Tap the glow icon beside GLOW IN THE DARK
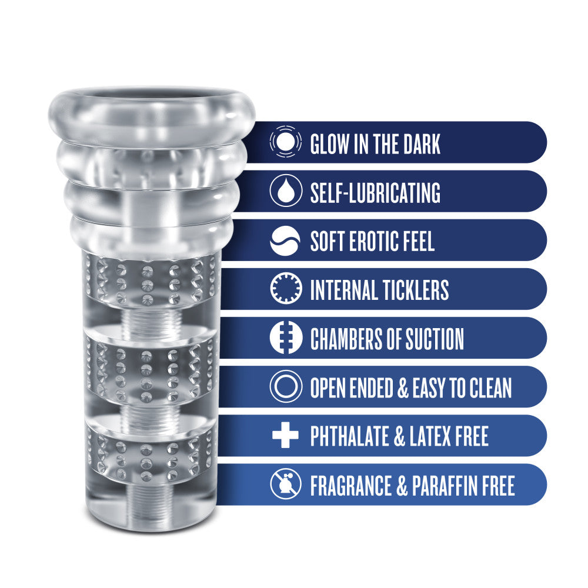point(285,143)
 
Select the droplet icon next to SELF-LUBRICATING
point(285,192)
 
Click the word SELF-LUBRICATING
point(375,192)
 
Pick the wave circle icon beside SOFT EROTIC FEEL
point(285,241)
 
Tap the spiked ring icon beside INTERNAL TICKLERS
point(285,290)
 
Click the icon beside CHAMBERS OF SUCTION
point(285,339)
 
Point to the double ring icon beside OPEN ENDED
point(285,387)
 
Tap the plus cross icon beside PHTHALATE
point(285,436)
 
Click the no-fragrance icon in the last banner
point(285,485)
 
